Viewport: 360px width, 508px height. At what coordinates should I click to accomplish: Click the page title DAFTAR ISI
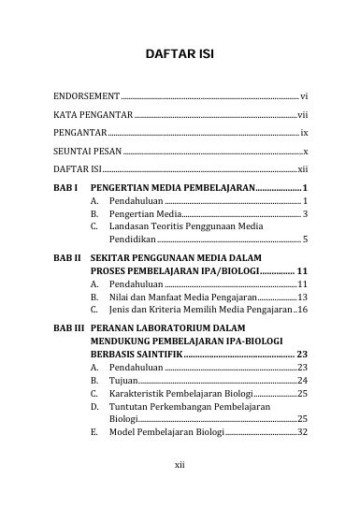(x=180, y=55)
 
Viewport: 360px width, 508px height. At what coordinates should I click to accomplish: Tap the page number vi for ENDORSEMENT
(x=304, y=96)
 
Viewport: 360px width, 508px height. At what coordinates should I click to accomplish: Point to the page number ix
(x=304, y=134)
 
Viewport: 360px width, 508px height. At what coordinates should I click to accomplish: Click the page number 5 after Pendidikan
(x=306, y=240)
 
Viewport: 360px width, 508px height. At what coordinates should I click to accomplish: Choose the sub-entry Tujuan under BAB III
(x=122, y=381)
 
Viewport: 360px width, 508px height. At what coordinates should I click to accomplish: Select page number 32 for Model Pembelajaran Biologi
(x=302, y=433)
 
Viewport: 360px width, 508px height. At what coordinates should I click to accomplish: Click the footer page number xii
(x=180, y=464)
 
